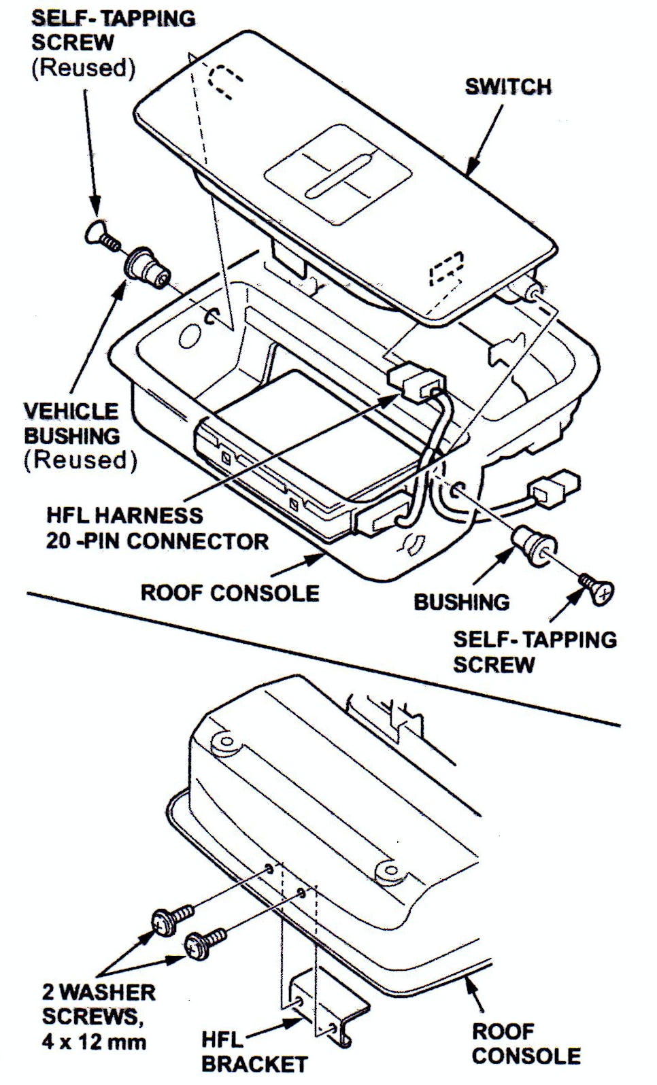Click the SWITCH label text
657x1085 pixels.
tap(507, 87)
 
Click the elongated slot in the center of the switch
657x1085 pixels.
tap(339, 175)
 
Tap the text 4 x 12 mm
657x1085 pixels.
tap(94, 1041)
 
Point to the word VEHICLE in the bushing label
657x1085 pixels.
tap(71, 411)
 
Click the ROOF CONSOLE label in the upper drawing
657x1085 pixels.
tap(230, 592)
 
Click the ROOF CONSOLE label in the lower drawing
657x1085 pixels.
tap(526, 1043)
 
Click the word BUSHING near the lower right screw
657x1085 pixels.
tap(462, 602)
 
